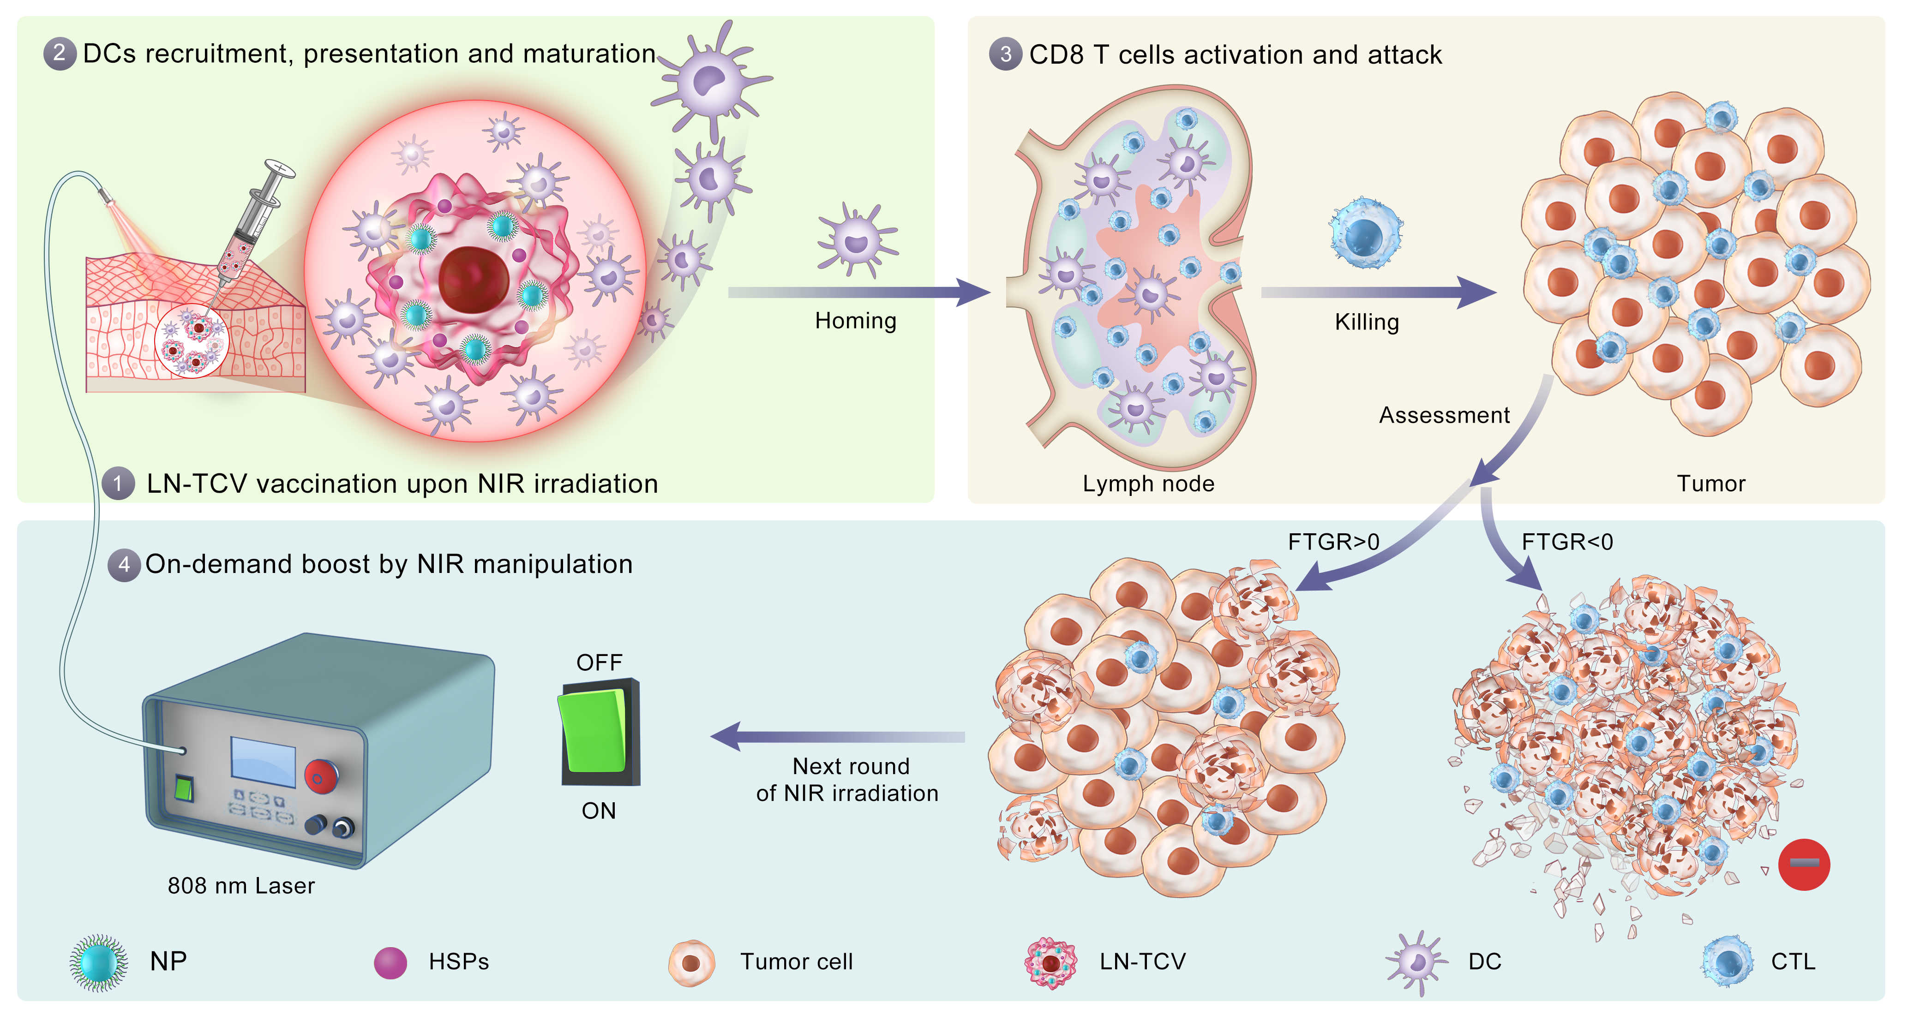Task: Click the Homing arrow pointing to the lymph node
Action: (x=859, y=292)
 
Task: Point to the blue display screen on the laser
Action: (x=263, y=761)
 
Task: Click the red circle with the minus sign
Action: (x=1804, y=864)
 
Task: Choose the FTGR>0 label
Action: (x=1333, y=542)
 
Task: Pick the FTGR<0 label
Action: (x=1566, y=542)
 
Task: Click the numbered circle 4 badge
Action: (x=124, y=565)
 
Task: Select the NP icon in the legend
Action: (x=98, y=961)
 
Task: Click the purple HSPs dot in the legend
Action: (x=390, y=962)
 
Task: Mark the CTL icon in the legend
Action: (x=1728, y=961)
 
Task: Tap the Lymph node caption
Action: (x=1148, y=483)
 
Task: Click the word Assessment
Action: (x=1444, y=415)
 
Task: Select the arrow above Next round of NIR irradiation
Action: (x=837, y=736)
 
